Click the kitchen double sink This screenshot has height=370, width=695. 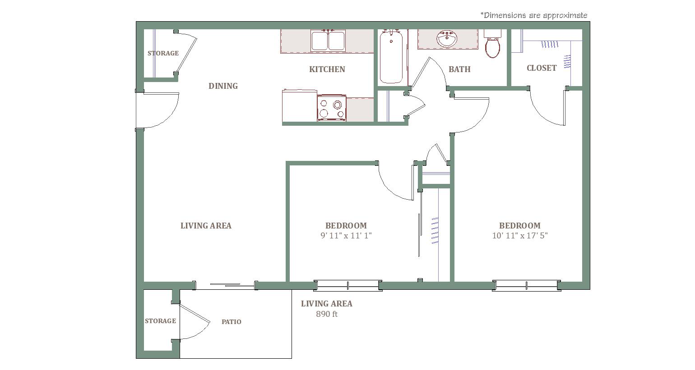tap(328, 41)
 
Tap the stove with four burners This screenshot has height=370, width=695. tap(331, 108)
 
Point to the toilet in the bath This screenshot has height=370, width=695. tap(492, 44)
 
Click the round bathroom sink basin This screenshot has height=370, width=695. tap(447, 39)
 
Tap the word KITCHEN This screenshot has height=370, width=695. tap(327, 69)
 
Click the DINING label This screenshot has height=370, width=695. tap(223, 86)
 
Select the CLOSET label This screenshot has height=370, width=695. tap(542, 68)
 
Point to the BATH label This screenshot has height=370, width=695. tap(459, 69)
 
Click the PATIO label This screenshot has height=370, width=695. tap(231, 322)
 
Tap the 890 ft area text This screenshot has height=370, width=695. tap(327, 314)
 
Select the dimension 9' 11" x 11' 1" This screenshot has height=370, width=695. tap(346, 236)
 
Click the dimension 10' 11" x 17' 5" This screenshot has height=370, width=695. tap(520, 236)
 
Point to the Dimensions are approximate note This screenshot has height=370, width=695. tap(533, 15)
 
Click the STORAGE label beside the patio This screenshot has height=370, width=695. tap(160, 321)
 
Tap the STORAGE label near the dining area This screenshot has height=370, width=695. tap(163, 53)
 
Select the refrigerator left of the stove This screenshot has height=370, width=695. tap(299, 105)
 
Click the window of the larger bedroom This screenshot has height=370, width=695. tap(527, 285)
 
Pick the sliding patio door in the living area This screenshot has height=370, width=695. tap(225, 285)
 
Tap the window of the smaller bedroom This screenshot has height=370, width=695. tap(348, 285)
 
